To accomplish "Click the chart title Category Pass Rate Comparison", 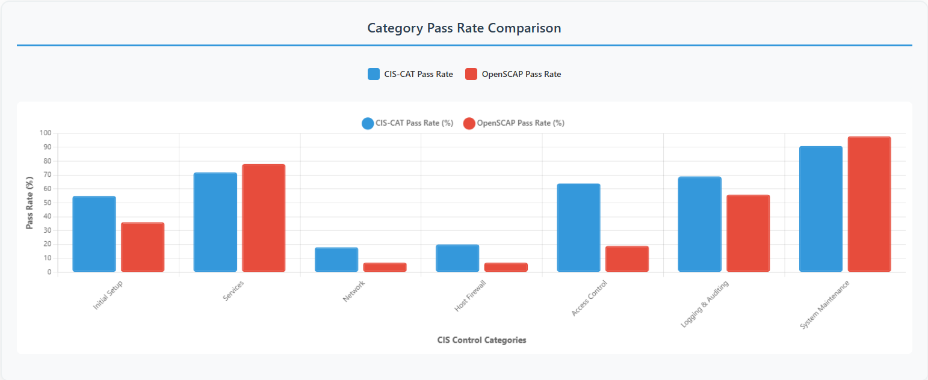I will (x=464, y=28).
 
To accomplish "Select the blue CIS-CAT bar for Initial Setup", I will (x=94, y=234).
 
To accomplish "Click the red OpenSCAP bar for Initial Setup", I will (x=143, y=247).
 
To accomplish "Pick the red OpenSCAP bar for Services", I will (x=264, y=218).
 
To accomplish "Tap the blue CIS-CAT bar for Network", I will (x=336, y=260).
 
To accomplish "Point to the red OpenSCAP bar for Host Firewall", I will (x=506, y=267).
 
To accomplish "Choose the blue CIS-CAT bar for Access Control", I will (x=578, y=228).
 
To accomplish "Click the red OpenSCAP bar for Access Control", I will (x=627, y=259).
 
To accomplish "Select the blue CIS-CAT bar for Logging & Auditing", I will (x=699, y=224).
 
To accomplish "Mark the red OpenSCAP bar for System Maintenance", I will (x=869, y=204).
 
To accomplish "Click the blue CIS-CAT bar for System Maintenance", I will (x=821, y=209).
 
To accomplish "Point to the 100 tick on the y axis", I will (x=46, y=133).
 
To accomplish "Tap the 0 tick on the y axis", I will (x=49, y=272).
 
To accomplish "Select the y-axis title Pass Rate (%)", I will (x=29, y=203).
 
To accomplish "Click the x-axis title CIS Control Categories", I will (x=481, y=340).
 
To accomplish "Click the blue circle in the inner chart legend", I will (x=368, y=123).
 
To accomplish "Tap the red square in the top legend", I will (x=472, y=74).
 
